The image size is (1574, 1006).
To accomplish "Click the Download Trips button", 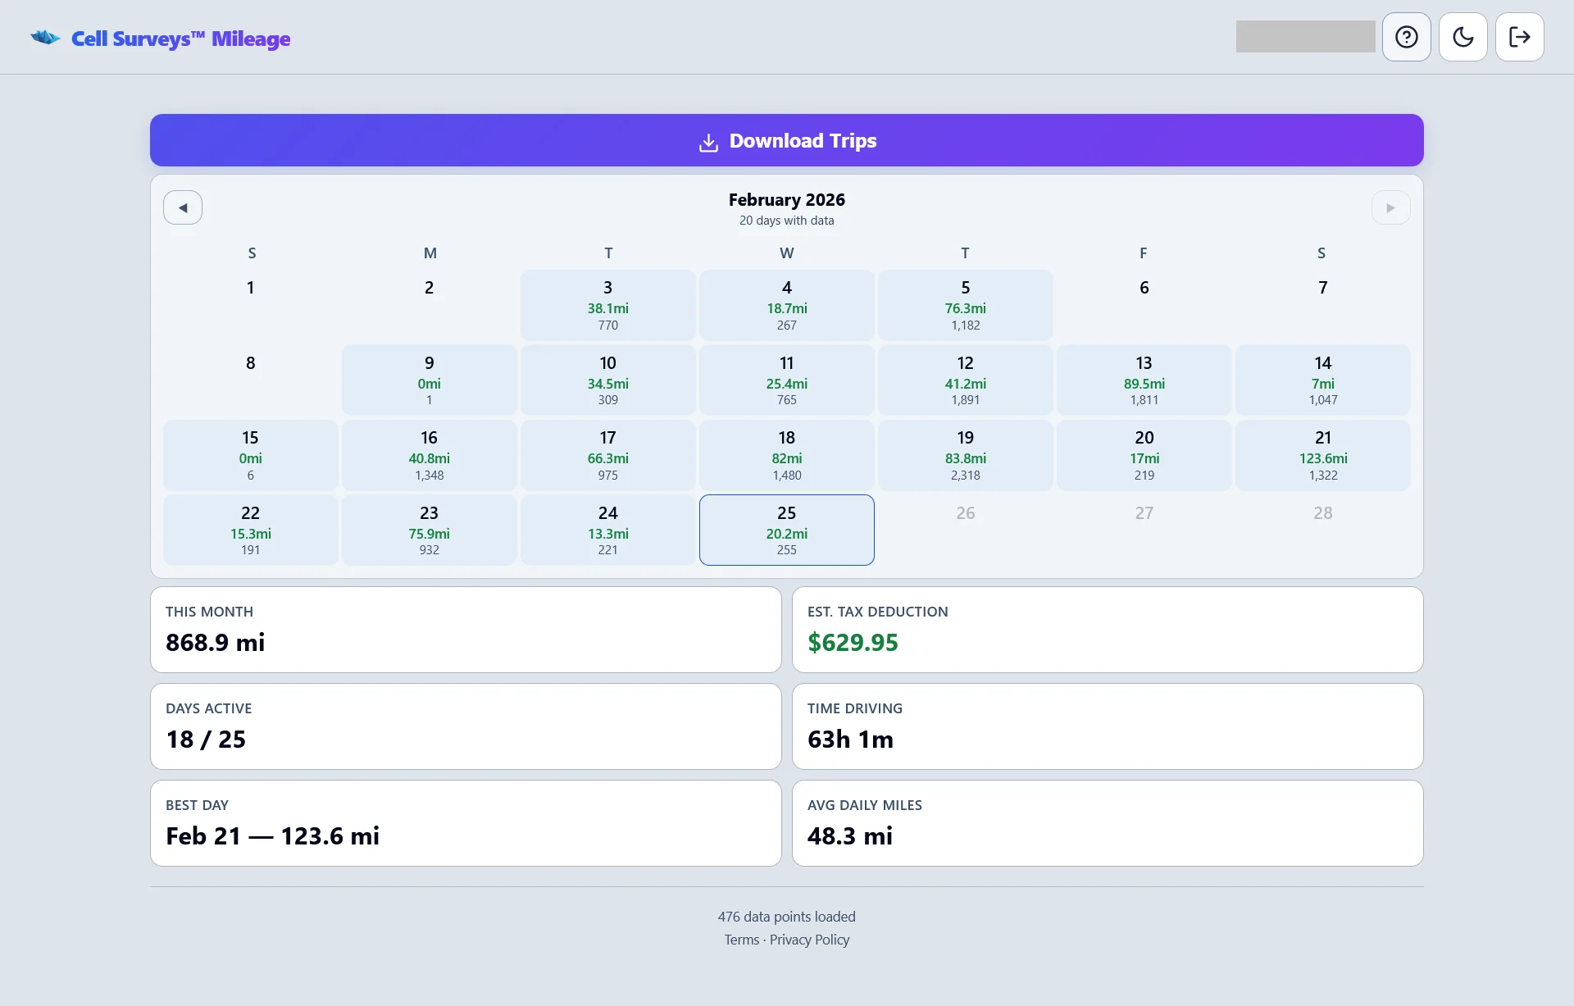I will [786, 141].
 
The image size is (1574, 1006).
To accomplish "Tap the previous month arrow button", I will [183, 208].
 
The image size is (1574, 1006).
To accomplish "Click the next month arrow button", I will [1390, 208].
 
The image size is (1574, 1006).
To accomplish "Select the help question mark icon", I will [1407, 37].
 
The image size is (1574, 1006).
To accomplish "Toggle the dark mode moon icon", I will [1463, 37].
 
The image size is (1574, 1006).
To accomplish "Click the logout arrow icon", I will [1520, 37].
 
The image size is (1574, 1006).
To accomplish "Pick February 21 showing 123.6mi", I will [1322, 455].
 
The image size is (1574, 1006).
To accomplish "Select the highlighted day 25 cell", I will [786, 530].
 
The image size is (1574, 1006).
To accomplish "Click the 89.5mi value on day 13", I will [1144, 384].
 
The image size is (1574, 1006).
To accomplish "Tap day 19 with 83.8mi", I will [965, 455].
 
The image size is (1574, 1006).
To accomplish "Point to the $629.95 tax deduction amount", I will [853, 643].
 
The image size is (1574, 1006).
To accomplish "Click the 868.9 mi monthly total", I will [215, 643].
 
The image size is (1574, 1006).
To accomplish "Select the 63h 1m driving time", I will [850, 740].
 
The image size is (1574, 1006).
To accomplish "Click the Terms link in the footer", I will [741, 940].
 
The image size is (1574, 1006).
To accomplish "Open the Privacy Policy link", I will [809, 940].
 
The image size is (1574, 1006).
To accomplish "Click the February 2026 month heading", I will [786, 200].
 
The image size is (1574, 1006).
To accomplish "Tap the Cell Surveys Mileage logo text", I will [180, 39].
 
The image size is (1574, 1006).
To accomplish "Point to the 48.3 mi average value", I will [849, 836].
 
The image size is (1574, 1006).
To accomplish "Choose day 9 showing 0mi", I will [429, 380].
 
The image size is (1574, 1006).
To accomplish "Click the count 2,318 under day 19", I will [965, 476].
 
